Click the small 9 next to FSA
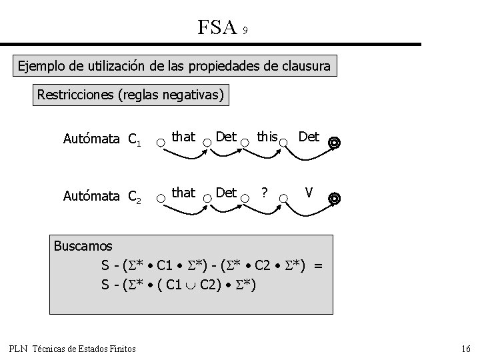point(246,31)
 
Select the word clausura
point(304,67)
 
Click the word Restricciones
point(75,95)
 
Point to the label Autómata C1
point(101,139)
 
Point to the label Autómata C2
point(101,196)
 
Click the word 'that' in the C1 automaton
point(183,137)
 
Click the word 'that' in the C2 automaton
point(183,193)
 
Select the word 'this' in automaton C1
point(267,137)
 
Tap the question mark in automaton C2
point(265,193)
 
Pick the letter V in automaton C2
point(308,193)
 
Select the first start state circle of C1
point(160,142)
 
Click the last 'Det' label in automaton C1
point(308,137)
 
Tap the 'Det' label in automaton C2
point(227,193)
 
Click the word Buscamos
point(83,246)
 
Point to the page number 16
point(465,349)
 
